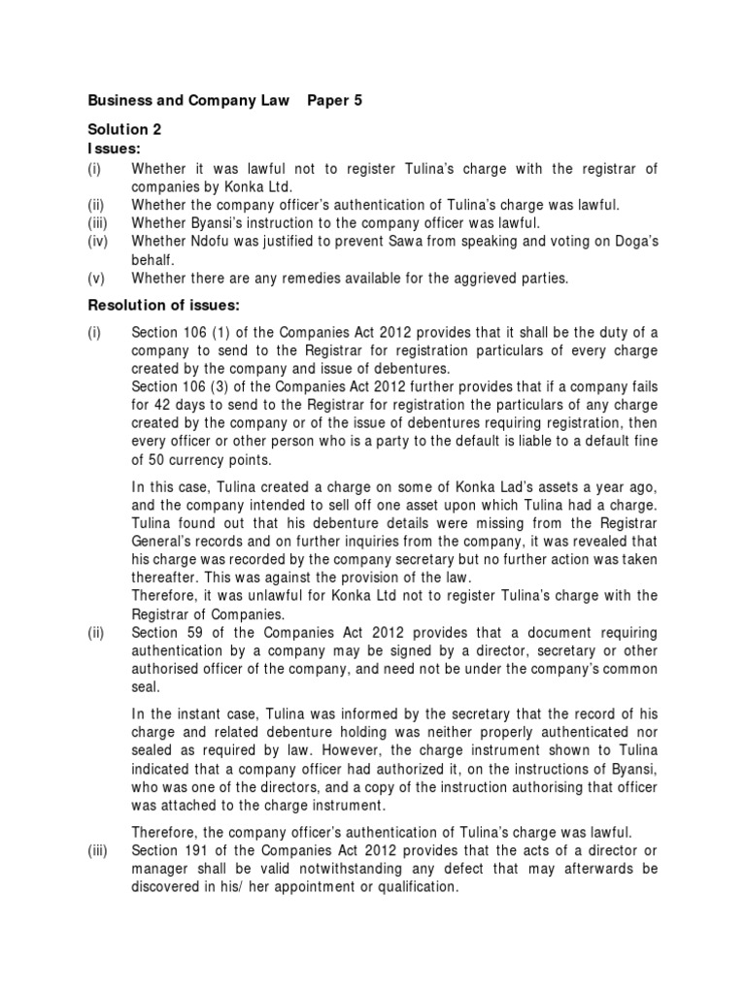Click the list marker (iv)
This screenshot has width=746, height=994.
[x=99, y=242]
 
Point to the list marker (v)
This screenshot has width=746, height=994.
[x=97, y=279]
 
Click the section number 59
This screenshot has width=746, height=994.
[x=201, y=632]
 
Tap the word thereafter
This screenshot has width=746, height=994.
[x=166, y=578]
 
